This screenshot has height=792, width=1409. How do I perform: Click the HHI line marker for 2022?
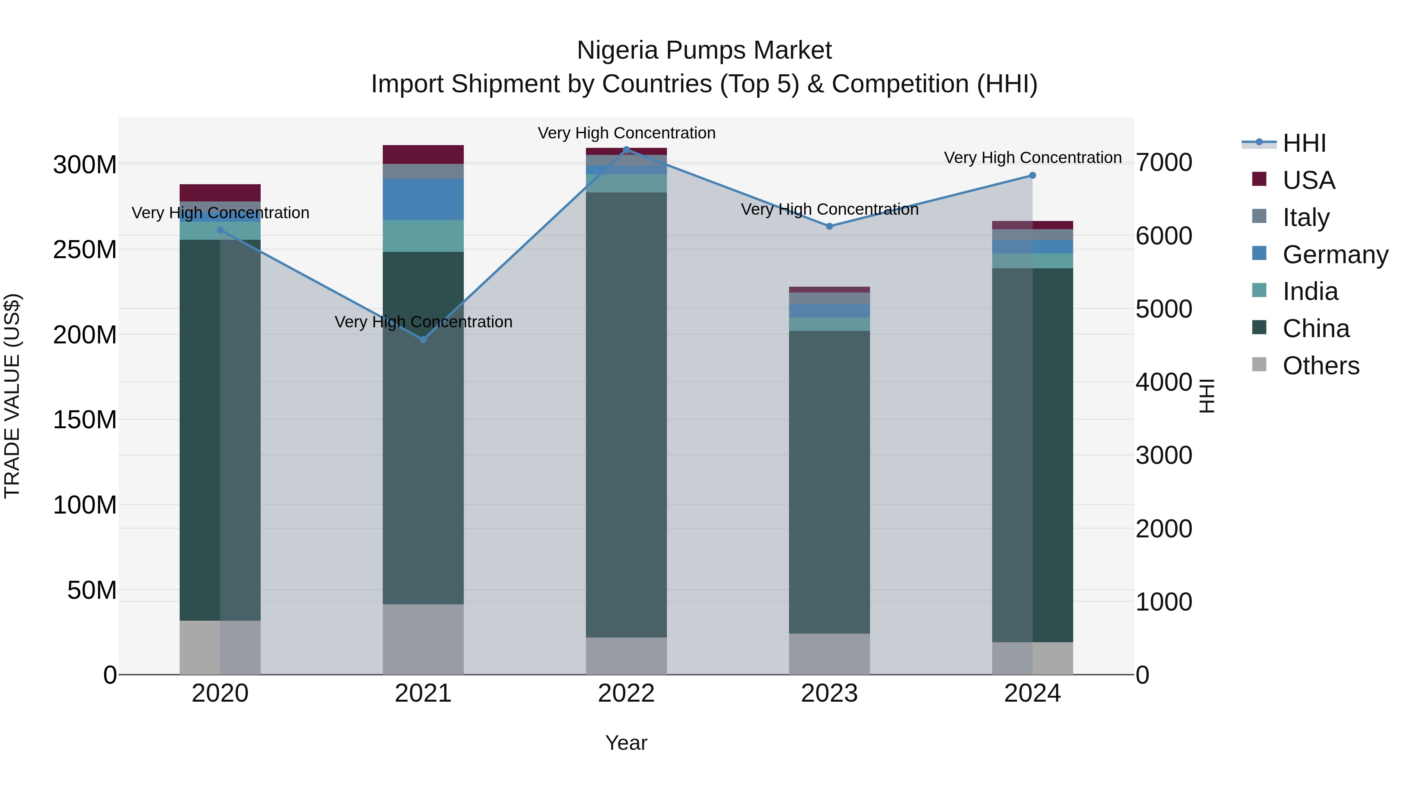point(626,149)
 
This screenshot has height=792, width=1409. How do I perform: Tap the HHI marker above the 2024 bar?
point(1032,176)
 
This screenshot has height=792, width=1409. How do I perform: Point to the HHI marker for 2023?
point(829,226)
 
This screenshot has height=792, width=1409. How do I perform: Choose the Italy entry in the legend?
point(1306,217)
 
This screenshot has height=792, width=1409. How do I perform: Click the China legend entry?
point(1315,329)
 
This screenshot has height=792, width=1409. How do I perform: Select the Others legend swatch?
point(1259,365)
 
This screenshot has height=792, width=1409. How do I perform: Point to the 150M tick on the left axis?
point(85,420)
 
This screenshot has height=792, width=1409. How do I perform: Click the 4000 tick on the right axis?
point(1164,382)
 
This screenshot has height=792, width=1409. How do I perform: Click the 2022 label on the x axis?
point(626,693)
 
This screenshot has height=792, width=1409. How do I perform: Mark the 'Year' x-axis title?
point(626,743)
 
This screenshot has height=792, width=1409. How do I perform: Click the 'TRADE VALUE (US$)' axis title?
point(12,396)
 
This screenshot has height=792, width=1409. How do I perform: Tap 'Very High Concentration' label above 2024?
point(1032,157)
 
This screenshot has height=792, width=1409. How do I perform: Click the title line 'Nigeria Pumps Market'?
point(704,50)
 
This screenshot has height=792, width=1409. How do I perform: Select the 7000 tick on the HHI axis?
point(1164,162)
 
